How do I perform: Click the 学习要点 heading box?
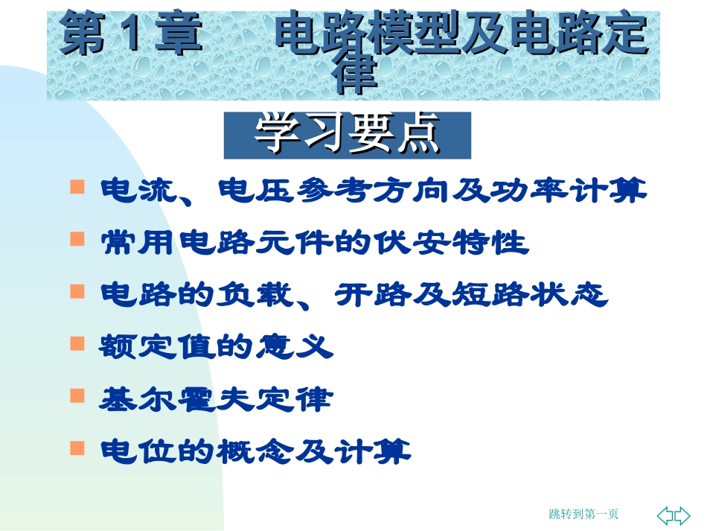click(348, 135)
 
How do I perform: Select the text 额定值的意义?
click(216, 348)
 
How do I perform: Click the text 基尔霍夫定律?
click(216, 401)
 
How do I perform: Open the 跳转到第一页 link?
click(583, 514)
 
